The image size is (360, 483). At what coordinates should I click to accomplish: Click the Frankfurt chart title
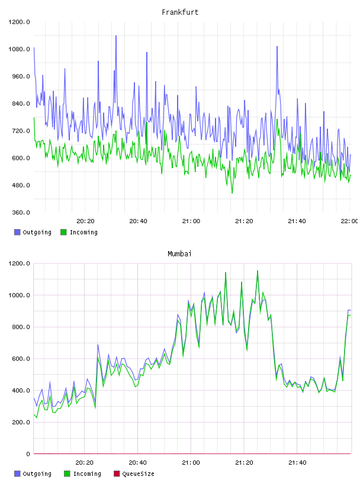tap(180, 12)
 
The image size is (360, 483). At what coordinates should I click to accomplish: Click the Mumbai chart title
tap(179, 254)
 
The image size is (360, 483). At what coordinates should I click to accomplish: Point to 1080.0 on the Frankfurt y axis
tap(19, 49)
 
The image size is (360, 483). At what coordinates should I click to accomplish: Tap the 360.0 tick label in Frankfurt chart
tap(21, 212)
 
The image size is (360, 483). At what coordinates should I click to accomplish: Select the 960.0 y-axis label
tap(21, 76)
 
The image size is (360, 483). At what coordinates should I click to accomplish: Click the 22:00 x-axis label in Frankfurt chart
tap(349, 221)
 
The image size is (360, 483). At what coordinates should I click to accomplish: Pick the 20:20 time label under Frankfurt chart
tap(85, 221)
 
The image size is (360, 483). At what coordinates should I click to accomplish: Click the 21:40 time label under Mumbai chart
tap(297, 463)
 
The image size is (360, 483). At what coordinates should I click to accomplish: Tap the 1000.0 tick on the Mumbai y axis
tap(19, 295)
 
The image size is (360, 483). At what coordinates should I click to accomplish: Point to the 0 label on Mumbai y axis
tap(28, 454)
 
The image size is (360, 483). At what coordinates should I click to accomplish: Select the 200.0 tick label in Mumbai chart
tap(21, 422)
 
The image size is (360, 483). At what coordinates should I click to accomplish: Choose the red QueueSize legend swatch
tap(117, 474)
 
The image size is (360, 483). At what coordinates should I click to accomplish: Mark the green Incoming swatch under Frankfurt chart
tap(63, 232)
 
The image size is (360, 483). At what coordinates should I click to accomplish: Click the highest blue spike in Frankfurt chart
tap(116, 36)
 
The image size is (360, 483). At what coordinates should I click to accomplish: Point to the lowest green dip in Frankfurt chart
tap(232, 193)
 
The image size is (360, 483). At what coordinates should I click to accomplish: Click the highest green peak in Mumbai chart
tap(258, 271)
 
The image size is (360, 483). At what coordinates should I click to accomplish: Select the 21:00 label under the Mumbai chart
tap(191, 463)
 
